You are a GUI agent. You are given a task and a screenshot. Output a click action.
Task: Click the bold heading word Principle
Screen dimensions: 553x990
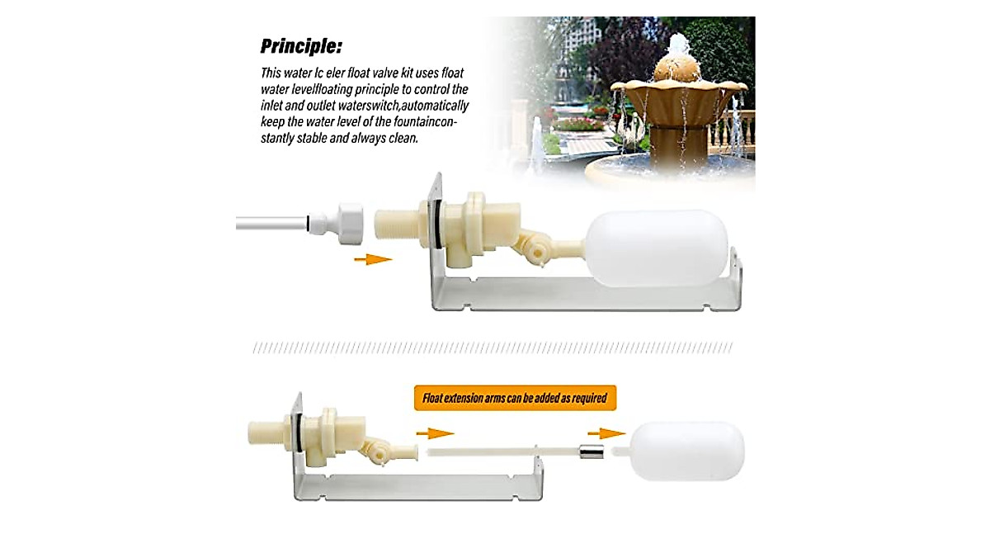coord(301,45)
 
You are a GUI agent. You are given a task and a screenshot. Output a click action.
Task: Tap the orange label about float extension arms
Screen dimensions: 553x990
coord(515,398)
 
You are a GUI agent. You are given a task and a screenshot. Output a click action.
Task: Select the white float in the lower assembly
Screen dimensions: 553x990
coord(687,451)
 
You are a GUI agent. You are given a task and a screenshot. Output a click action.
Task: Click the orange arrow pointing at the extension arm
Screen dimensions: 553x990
coord(435,433)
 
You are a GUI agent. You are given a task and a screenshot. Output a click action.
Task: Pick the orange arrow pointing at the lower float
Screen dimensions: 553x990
coord(610,433)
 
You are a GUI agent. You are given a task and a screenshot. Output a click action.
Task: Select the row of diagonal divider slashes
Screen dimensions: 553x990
coord(493,348)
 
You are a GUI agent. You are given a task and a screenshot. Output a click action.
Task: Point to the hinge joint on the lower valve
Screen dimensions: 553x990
coord(375,450)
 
